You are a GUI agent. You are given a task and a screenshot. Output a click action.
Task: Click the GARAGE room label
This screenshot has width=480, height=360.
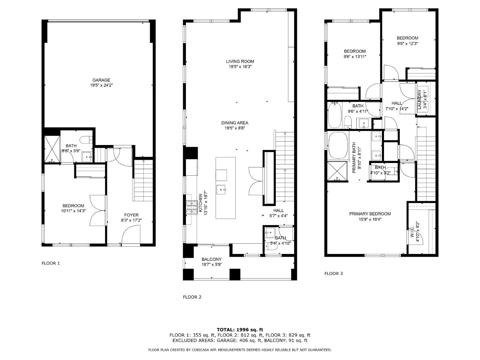[x=101, y=80]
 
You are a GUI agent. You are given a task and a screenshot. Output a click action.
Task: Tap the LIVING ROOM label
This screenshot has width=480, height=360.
[x=240, y=61]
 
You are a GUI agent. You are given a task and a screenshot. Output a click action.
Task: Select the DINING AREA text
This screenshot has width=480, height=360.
[x=237, y=123]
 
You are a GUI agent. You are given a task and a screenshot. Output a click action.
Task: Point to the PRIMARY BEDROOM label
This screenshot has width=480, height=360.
[x=370, y=214]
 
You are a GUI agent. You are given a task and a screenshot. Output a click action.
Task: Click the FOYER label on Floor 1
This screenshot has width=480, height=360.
[x=131, y=215]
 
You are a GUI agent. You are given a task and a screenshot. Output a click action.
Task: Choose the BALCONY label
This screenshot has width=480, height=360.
[x=212, y=259]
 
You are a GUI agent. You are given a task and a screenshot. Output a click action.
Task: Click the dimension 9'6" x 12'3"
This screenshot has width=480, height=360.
[x=407, y=43]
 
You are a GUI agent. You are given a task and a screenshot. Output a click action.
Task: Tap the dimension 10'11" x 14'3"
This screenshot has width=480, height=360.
[x=73, y=211]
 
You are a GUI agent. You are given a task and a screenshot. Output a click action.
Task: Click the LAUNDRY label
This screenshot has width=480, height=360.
[x=419, y=99]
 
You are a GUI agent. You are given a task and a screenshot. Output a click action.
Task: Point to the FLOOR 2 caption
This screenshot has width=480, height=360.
[x=192, y=297]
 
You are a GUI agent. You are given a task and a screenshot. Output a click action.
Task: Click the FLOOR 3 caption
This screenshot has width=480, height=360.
[x=334, y=273]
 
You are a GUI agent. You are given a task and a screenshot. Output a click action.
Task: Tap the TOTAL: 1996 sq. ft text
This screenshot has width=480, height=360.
[x=240, y=330]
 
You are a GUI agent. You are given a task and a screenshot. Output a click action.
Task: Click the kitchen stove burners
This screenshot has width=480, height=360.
[x=191, y=208]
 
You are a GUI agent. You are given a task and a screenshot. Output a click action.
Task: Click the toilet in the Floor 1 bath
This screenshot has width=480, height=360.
[x=86, y=139]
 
